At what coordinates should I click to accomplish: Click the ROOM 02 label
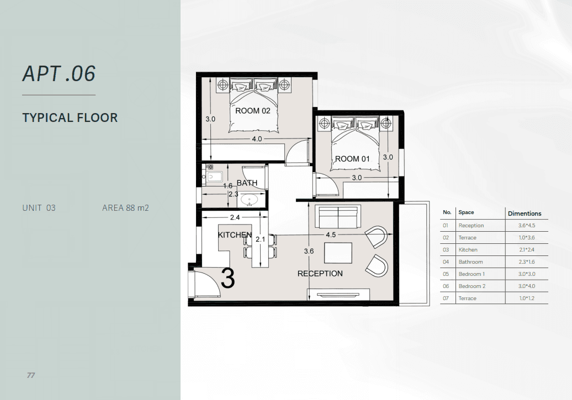pyautogui.click(x=252, y=111)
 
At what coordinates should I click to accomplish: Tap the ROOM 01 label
pyautogui.click(x=352, y=159)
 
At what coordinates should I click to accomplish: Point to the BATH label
pyautogui.click(x=247, y=183)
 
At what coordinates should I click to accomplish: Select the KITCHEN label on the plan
pyautogui.click(x=235, y=235)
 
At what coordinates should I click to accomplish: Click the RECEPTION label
pyautogui.click(x=320, y=274)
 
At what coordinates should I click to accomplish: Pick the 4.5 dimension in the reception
pyautogui.click(x=331, y=235)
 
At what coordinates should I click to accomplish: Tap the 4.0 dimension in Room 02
pyautogui.click(x=257, y=139)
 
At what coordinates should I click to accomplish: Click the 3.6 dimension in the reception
pyautogui.click(x=309, y=251)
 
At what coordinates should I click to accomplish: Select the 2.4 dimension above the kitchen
pyautogui.click(x=235, y=218)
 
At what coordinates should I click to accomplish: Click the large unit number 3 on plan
pyautogui.click(x=228, y=279)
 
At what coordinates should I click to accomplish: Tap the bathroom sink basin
pyautogui.click(x=250, y=200)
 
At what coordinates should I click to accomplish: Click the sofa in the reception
pyautogui.click(x=338, y=216)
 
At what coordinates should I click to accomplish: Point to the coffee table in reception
pyautogui.click(x=338, y=253)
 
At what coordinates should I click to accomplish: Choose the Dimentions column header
pyautogui.click(x=525, y=214)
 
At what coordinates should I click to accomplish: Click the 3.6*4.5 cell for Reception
pyautogui.click(x=527, y=226)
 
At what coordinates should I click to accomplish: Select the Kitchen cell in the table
pyautogui.click(x=468, y=250)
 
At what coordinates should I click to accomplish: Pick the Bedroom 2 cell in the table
pyautogui.click(x=472, y=286)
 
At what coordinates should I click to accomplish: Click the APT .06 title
pyautogui.click(x=59, y=74)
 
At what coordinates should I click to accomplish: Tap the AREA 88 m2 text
pyautogui.click(x=125, y=208)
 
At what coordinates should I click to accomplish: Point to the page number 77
pyautogui.click(x=31, y=375)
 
